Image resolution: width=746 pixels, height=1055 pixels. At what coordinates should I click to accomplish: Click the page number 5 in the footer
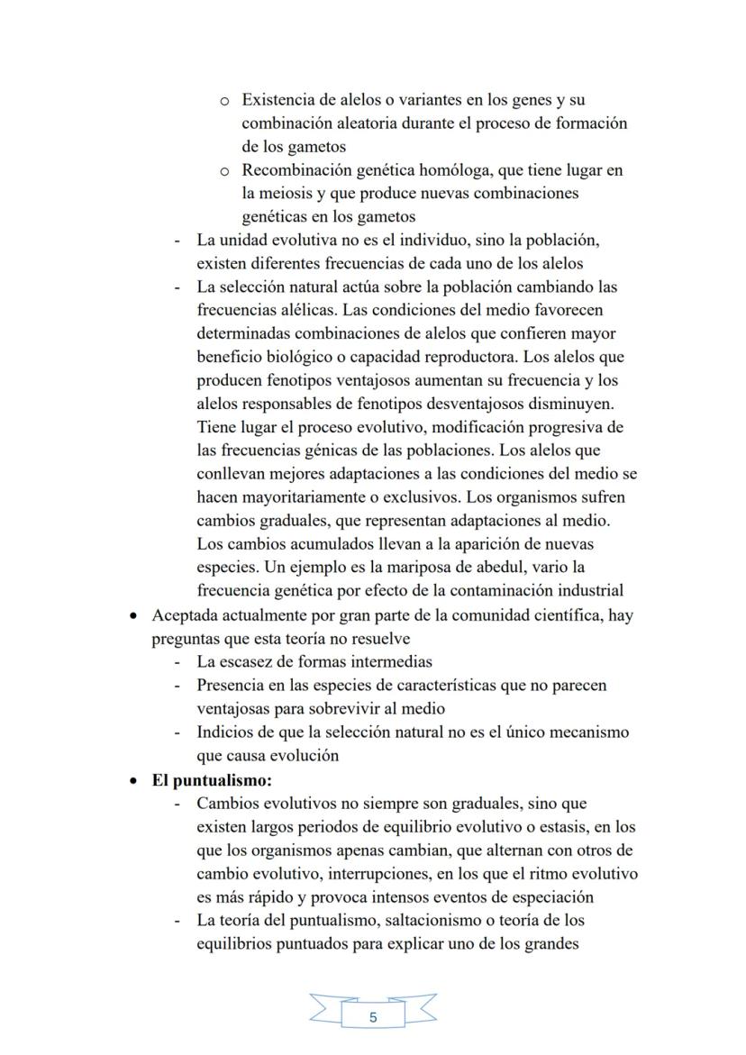click(373, 1017)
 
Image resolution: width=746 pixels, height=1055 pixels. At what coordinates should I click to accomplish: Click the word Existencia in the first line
click(277, 100)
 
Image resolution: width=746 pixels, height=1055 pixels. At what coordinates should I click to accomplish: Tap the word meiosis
click(293, 194)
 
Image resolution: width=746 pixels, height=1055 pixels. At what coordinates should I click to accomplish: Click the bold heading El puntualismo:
click(211, 779)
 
